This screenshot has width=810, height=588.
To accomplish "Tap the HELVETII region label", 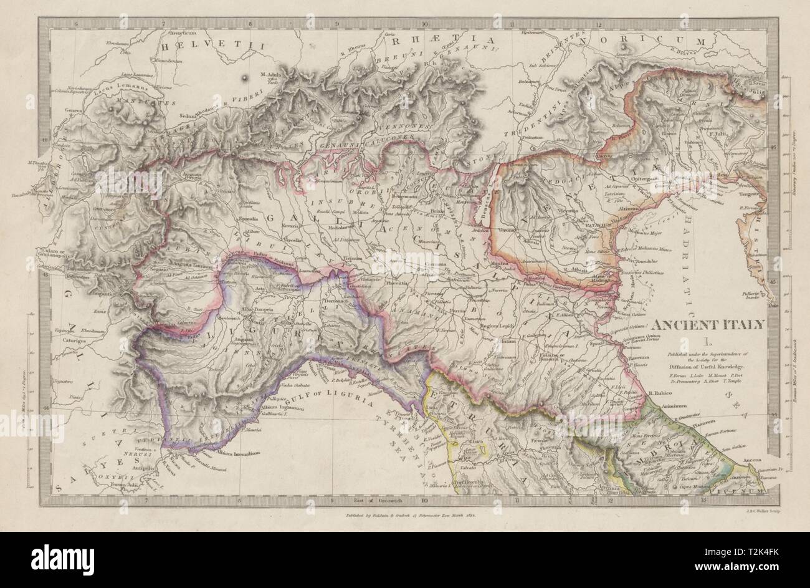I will click(x=212, y=46).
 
